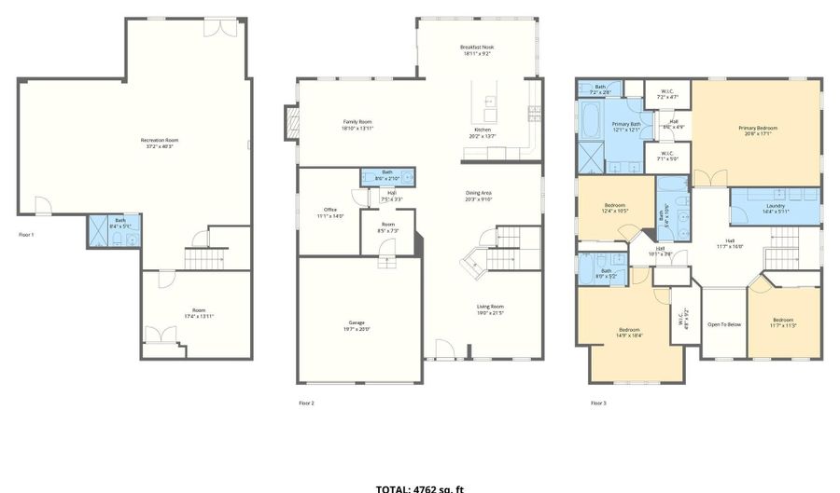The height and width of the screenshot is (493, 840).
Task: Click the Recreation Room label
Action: tap(160, 144)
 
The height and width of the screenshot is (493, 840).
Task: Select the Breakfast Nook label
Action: tap(476, 49)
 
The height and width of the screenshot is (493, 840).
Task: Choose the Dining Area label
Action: tap(478, 195)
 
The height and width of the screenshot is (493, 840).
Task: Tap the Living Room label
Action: tap(490, 308)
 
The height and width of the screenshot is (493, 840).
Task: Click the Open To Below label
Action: tap(723, 324)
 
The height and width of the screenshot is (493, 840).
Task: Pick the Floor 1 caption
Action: tap(26, 234)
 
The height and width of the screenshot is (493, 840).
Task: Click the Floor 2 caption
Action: tap(306, 403)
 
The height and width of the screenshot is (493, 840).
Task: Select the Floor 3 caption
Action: tap(598, 403)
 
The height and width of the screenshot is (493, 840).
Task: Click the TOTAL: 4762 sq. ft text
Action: tap(420, 488)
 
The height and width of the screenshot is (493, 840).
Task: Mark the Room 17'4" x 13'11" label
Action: tap(199, 313)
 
